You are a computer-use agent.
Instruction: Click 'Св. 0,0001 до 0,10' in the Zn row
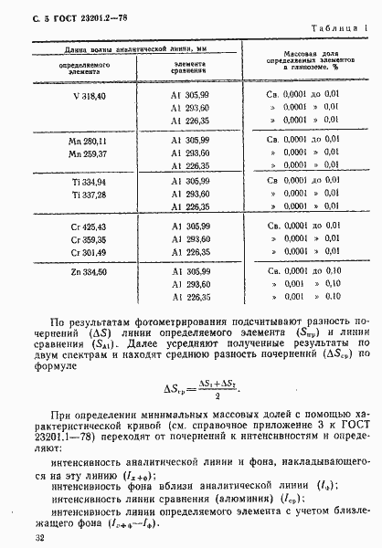[303, 270]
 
